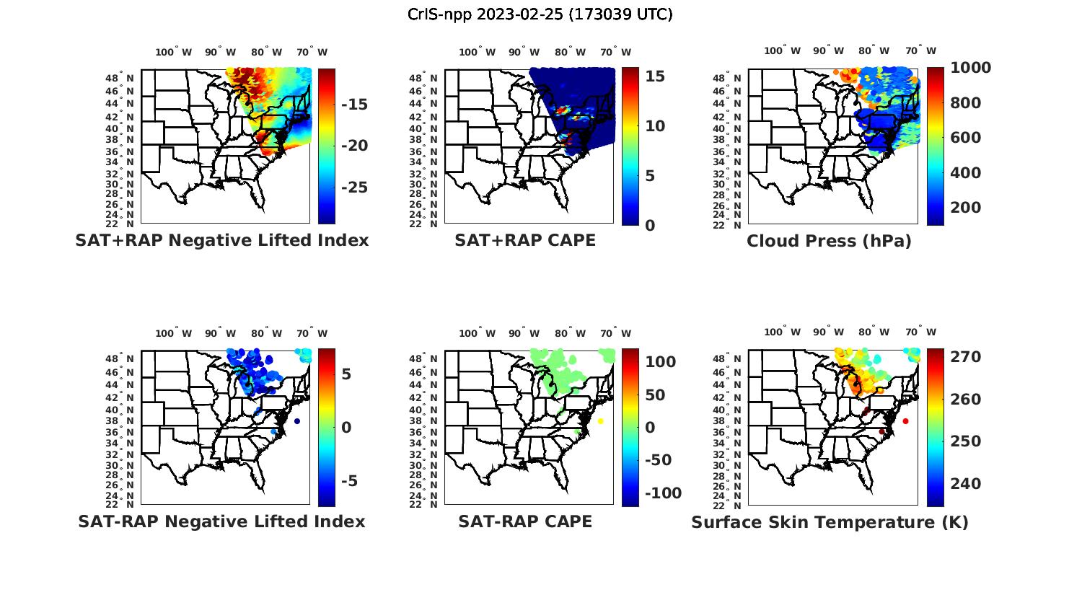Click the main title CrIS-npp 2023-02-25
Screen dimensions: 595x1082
pyautogui.click(x=540, y=14)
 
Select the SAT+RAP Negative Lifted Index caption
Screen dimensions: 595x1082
pyautogui.click(x=222, y=241)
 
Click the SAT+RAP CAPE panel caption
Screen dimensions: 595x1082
pyautogui.click(x=525, y=241)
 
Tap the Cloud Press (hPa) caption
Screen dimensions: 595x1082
pyautogui.click(x=829, y=241)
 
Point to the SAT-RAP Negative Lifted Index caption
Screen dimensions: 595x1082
pyautogui.click(x=221, y=521)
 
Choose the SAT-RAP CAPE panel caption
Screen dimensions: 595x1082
pyautogui.click(x=525, y=521)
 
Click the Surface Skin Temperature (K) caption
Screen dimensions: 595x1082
pyautogui.click(x=830, y=522)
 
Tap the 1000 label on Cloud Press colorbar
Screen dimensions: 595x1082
pyautogui.click(x=970, y=68)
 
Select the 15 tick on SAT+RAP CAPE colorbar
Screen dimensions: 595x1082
pyautogui.click(x=655, y=76)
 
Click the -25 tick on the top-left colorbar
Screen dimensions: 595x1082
pyautogui.click(x=353, y=188)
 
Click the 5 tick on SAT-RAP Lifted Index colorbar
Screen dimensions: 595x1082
pyautogui.click(x=346, y=374)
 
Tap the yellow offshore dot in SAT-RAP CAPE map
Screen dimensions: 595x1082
pyautogui.click(x=600, y=421)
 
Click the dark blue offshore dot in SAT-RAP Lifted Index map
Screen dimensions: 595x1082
pyautogui.click(x=296, y=421)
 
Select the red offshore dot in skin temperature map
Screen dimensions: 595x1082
pyautogui.click(x=905, y=421)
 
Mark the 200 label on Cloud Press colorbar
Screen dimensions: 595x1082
pyautogui.click(x=966, y=208)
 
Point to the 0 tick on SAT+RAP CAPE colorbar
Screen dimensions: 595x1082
pyautogui.click(x=650, y=226)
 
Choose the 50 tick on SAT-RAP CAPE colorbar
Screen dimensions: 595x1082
pyautogui.click(x=655, y=395)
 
